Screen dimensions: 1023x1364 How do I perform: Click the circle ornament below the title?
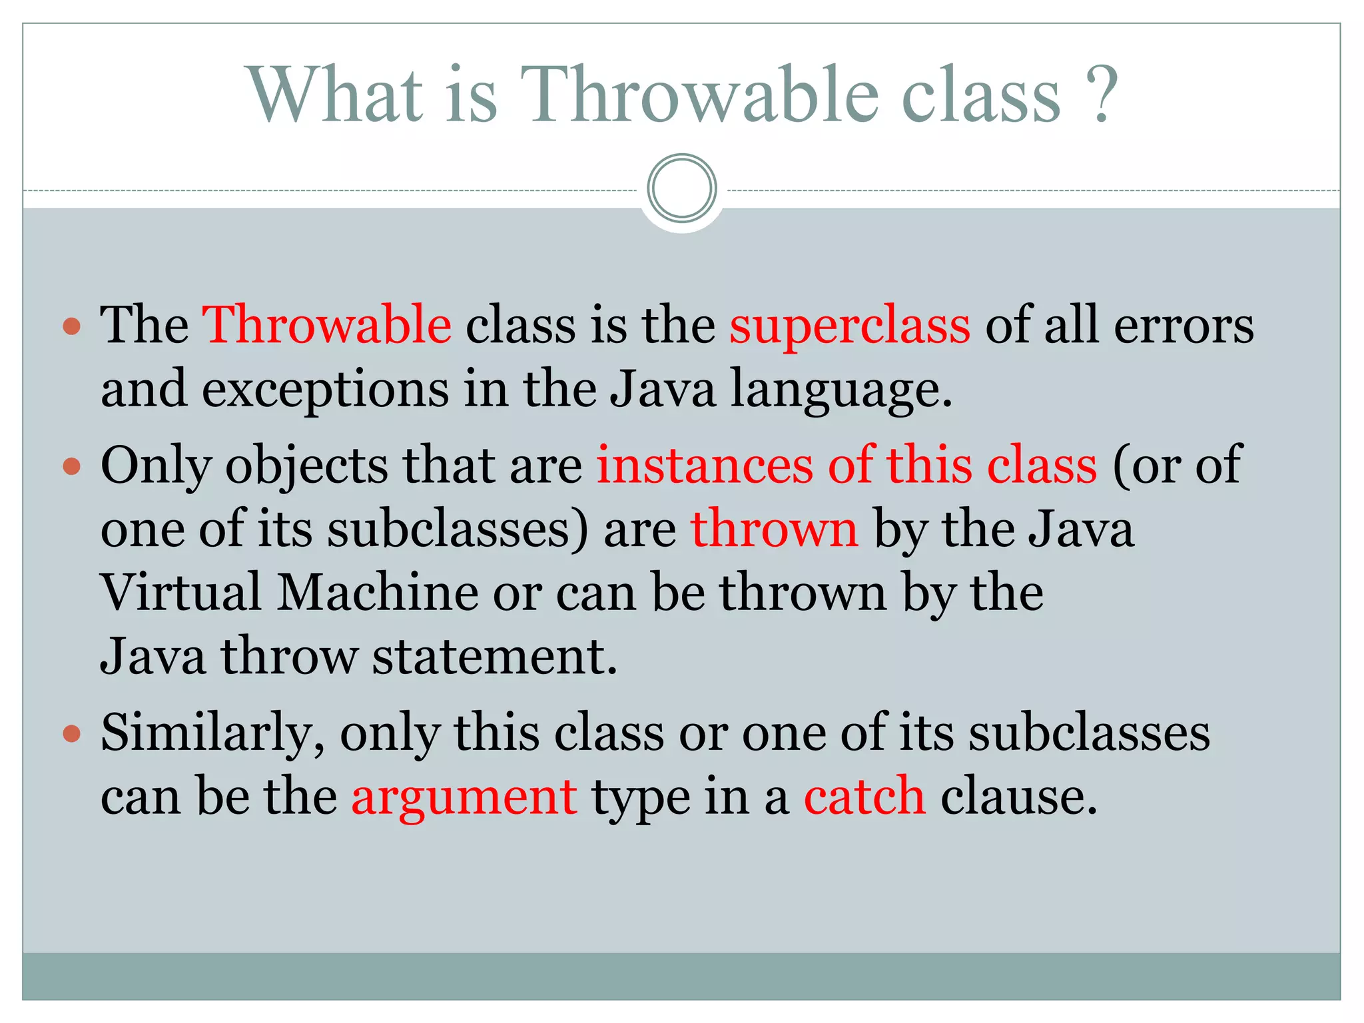pyautogui.click(x=681, y=188)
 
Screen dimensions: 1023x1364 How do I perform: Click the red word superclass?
pyautogui.click(x=850, y=326)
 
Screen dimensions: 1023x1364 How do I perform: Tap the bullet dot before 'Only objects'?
pyautogui.click(x=71, y=466)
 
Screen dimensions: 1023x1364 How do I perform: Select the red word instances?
pyautogui.click(x=705, y=465)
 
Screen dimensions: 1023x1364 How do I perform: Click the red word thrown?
pyautogui.click(x=774, y=528)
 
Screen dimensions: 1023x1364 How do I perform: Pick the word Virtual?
pyautogui.click(x=180, y=592)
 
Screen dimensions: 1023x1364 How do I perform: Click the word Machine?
pyautogui.click(x=378, y=592)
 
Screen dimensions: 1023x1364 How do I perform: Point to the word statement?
pyautogui.click(x=494, y=656)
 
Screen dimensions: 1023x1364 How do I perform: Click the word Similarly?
pyautogui.click(x=212, y=733)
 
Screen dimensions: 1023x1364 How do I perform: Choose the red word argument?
pyautogui.click(x=464, y=797)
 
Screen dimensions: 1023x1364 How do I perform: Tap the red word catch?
pyautogui.click(x=864, y=796)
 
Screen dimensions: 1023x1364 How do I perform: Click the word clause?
pyautogui.click(x=1018, y=796)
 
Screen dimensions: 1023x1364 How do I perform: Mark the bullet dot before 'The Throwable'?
pyautogui.click(x=71, y=326)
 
